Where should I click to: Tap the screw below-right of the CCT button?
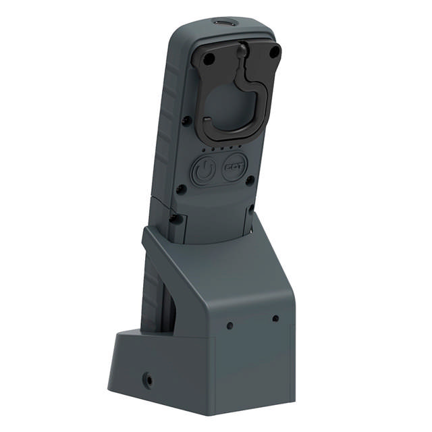pyautogui.click(x=250, y=180)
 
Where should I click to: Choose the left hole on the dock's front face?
pyautogui.click(x=230, y=325)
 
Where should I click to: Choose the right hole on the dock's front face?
pyautogui.click(x=275, y=318)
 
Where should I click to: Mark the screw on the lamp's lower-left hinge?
pyautogui.click(x=174, y=217)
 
